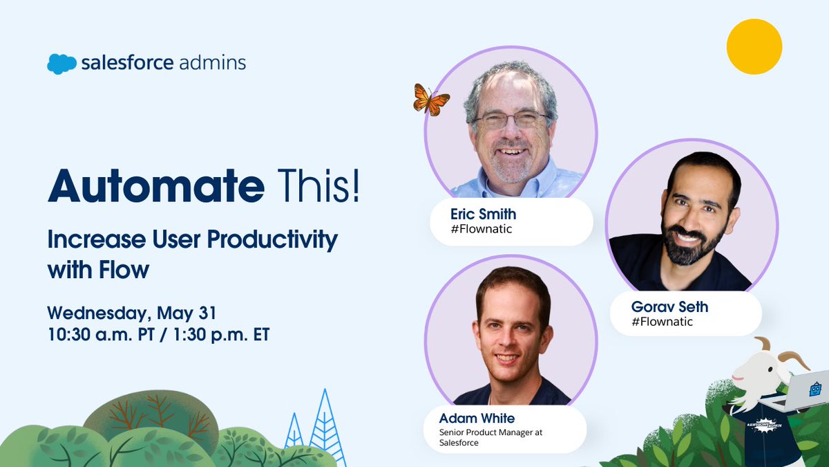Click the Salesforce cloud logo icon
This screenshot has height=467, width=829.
pos(61,64)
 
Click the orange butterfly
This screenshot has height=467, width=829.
pos(430,100)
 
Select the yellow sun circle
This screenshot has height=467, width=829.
pos(754,46)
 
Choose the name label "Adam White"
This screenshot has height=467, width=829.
pos(477,418)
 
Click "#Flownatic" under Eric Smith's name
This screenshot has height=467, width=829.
pos(481,229)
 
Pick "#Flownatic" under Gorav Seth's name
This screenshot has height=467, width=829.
pos(662,322)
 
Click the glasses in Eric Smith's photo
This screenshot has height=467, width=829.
pos(512,120)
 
